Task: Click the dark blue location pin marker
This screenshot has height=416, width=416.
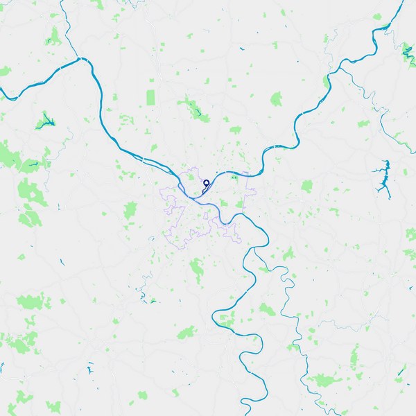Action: coord(206,184)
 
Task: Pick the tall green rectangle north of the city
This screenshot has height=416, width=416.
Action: coord(151,98)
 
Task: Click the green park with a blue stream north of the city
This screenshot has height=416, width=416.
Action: coord(192,107)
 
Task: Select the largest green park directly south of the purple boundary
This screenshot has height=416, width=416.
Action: coord(198,266)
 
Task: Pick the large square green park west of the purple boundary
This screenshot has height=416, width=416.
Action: coord(130,209)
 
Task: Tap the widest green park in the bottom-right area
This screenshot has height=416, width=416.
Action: coord(322,380)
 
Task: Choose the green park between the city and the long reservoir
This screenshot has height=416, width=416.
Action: coord(306,186)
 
